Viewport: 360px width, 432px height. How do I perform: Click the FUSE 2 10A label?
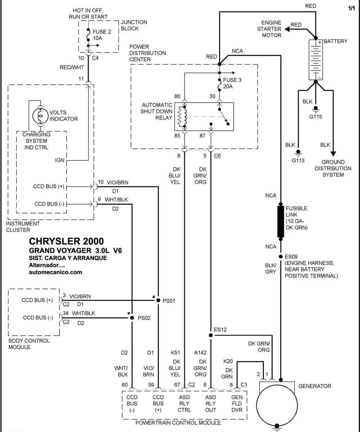(x=102, y=35)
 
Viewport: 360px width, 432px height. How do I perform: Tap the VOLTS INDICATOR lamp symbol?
(x=41, y=116)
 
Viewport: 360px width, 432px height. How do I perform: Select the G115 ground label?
(x=315, y=117)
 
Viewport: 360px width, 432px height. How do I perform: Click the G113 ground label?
(x=298, y=161)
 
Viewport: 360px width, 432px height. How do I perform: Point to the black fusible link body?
(x=280, y=222)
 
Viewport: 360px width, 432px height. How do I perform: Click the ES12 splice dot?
(x=211, y=335)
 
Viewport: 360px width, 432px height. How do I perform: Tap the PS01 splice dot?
(x=158, y=300)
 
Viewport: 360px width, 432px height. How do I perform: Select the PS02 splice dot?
(x=132, y=318)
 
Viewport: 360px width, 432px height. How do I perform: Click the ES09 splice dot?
(x=280, y=257)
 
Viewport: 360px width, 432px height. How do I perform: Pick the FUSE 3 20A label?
(x=232, y=83)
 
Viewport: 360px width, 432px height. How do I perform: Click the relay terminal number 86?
(x=177, y=96)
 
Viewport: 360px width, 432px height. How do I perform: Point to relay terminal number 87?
(x=202, y=136)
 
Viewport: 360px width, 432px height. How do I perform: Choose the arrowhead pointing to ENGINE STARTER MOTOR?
(x=287, y=29)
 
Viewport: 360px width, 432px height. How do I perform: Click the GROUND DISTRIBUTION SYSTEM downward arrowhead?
(x=333, y=154)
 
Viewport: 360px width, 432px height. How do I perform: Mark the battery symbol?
(x=315, y=60)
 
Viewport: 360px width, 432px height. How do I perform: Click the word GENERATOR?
(x=315, y=386)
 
